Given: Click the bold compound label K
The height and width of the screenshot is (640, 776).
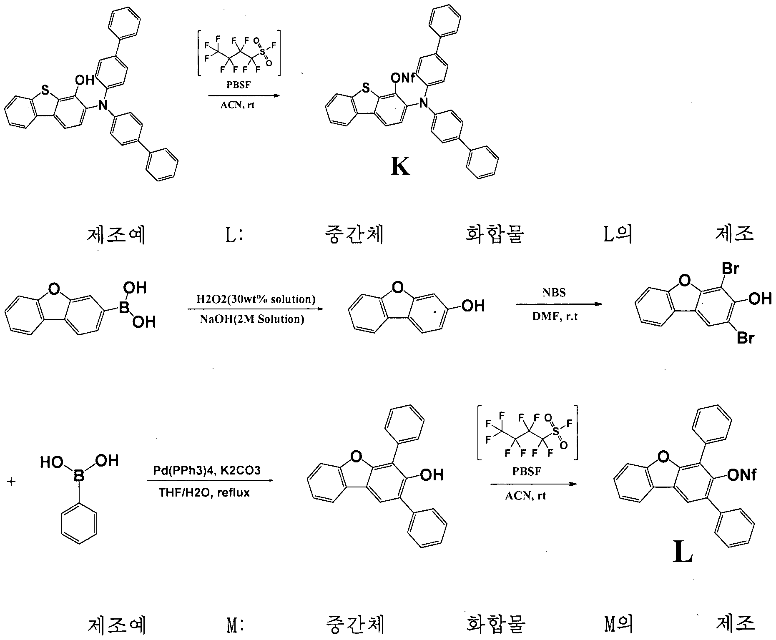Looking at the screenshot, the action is tap(400, 167).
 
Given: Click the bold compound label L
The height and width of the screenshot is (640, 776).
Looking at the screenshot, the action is tap(683, 553).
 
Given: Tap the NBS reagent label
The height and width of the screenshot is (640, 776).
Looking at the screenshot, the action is tap(554, 292).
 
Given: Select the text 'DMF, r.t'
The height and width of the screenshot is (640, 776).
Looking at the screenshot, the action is tap(555, 316).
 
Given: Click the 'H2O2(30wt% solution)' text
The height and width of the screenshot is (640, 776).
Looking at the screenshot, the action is tap(256, 299).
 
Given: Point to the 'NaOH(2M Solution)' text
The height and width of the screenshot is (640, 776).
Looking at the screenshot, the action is tap(252, 319).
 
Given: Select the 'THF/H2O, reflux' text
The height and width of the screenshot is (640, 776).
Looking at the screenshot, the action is tap(204, 493).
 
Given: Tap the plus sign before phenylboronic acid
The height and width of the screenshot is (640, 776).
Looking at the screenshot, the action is tap(11, 482).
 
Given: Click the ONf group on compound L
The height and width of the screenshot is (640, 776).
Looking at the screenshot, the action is tap(742, 474).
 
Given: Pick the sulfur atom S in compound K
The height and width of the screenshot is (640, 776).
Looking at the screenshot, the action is tap(366, 88).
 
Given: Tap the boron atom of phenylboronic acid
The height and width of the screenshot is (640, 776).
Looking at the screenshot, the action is tap(79, 475).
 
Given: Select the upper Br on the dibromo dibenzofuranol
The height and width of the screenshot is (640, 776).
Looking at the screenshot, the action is tap(730, 269).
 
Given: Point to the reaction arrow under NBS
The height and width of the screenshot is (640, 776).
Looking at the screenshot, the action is tap(559, 304).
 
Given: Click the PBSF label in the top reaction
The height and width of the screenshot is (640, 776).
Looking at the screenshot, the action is tap(239, 85).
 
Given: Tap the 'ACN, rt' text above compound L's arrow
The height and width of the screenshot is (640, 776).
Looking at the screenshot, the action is tap(526, 496).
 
